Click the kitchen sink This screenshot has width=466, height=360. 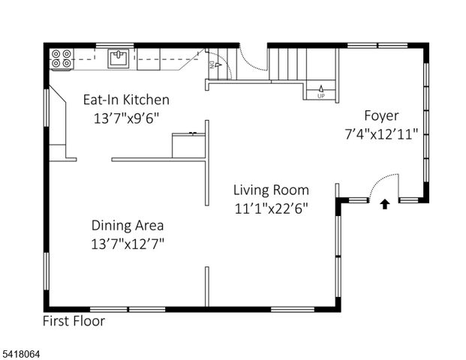click(119, 58)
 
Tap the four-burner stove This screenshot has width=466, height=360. click(62, 58)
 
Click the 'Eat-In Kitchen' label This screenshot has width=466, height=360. click(126, 100)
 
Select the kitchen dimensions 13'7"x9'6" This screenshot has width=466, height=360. click(126, 118)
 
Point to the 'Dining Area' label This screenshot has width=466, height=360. click(128, 225)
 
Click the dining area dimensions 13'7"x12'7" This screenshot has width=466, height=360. click(128, 243)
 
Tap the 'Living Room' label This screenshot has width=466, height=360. click(271, 190)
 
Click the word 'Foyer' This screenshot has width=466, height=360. click(381, 115)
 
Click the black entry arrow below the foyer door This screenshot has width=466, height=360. click(385, 202)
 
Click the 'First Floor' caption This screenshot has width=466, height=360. click(74, 321)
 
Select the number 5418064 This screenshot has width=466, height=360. click(23, 350)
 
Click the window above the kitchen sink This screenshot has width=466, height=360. click(115, 45)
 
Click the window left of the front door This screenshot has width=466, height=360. click(356, 199)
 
